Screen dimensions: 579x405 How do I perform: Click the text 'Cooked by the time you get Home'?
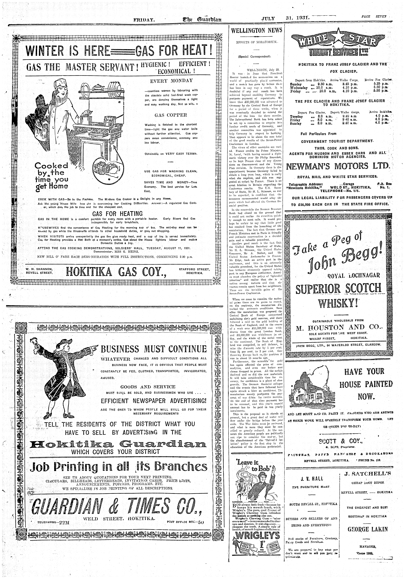(52, 175)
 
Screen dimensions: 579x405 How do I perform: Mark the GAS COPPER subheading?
(171, 115)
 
